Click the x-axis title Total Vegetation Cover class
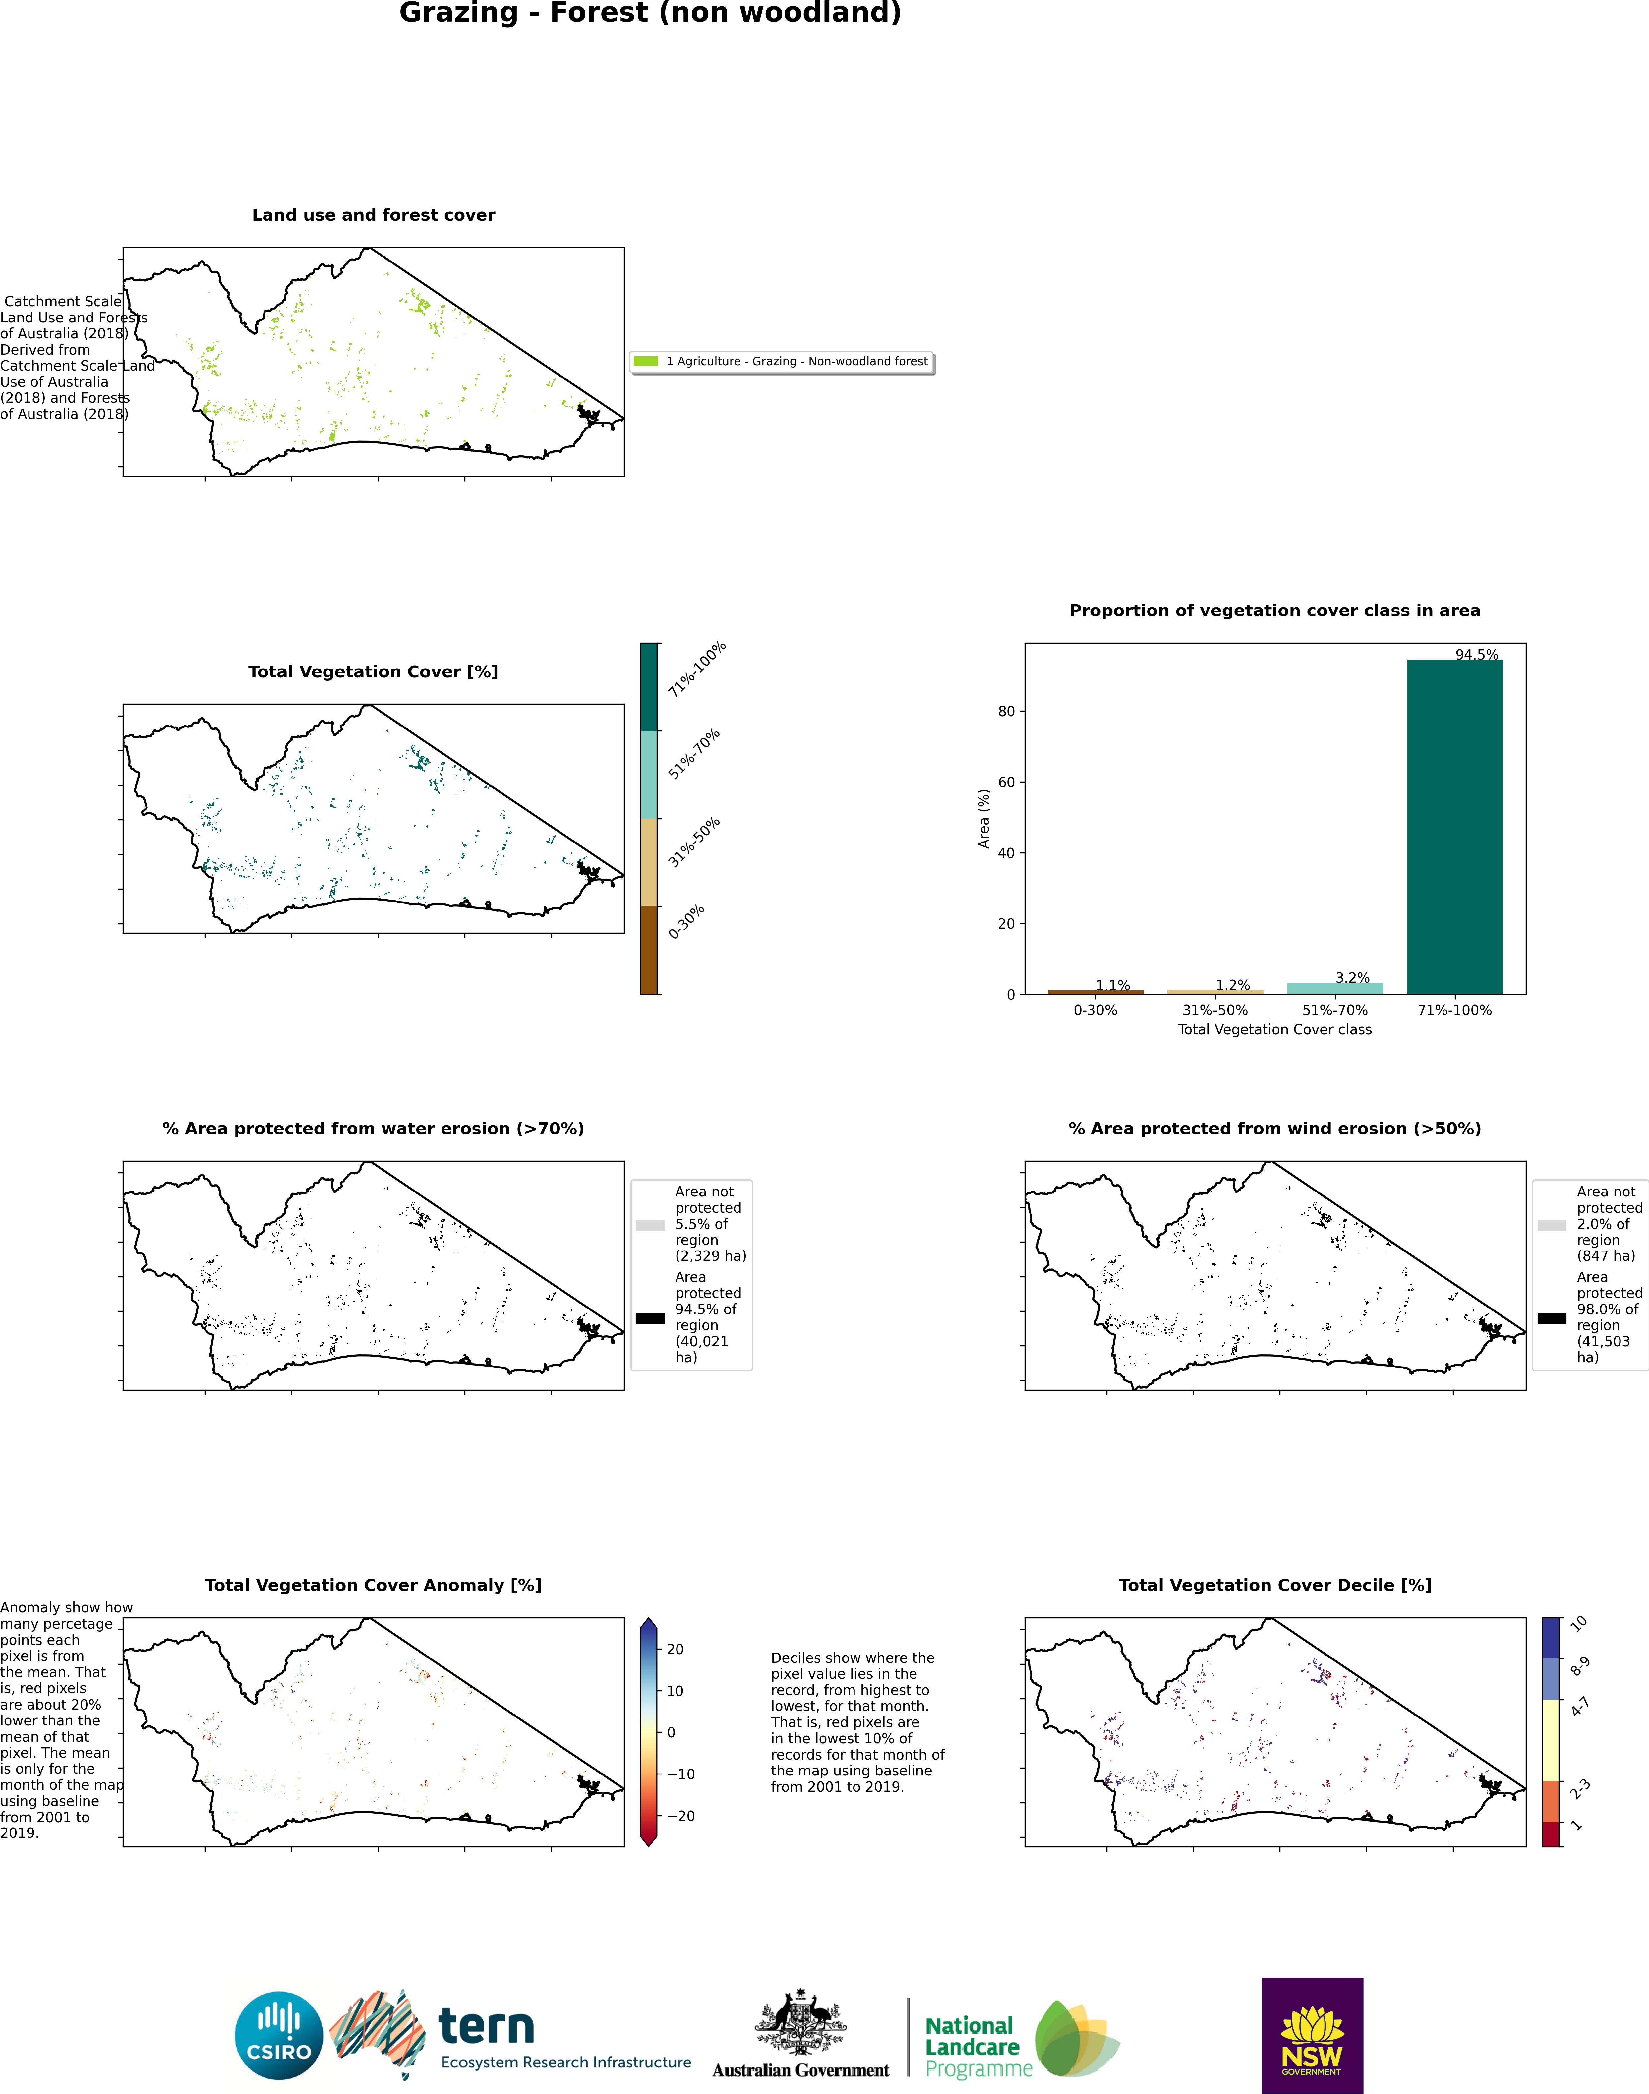tap(1274, 1030)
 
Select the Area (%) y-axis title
tap(984, 819)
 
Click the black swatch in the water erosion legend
tap(650, 1318)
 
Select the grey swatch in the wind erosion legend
tap(1552, 1225)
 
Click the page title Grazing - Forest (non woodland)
tap(651, 14)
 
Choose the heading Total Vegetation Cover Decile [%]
tap(1274, 1585)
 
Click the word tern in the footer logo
tap(486, 2026)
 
